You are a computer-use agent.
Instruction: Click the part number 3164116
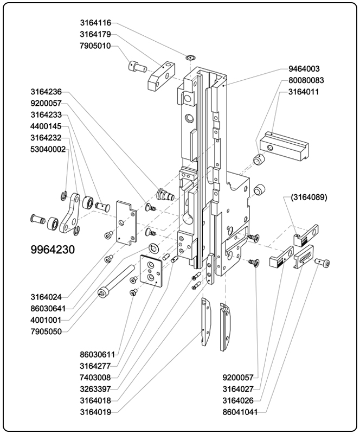(x=95, y=23)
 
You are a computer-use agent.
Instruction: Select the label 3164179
(x=95, y=34)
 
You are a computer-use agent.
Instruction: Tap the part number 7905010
(x=95, y=46)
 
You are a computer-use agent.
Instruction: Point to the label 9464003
(x=304, y=69)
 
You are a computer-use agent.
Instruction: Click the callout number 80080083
(x=306, y=80)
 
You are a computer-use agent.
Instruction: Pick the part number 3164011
(x=304, y=92)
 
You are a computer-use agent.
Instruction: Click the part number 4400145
(x=46, y=126)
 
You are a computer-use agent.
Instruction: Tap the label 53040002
(x=48, y=149)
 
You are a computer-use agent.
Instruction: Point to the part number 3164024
(x=46, y=297)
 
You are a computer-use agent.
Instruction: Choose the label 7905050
(x=46, y=331)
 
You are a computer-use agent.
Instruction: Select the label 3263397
(x=95, y=388)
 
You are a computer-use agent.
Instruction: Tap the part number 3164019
(x=95, y=412)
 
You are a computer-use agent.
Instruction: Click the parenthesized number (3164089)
(x=308, y=197)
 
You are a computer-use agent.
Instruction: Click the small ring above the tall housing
(x=190, y=57)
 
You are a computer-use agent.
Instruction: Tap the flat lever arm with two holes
(x=69, y=215)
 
